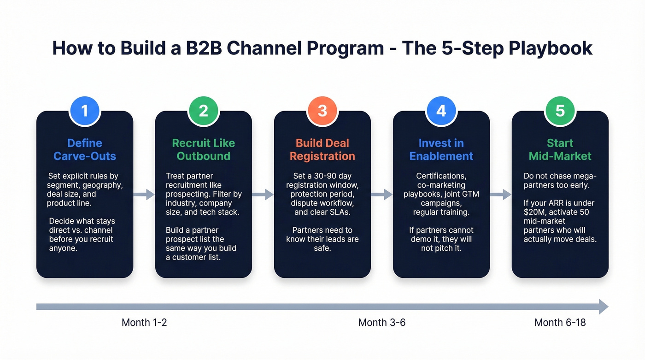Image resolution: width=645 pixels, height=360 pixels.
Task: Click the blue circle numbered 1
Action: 84,111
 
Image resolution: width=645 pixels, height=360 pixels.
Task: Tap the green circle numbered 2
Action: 203,111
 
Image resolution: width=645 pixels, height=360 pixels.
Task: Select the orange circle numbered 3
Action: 322,111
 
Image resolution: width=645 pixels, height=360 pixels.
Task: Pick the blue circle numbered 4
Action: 441,111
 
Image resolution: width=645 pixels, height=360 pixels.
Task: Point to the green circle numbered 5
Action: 560,111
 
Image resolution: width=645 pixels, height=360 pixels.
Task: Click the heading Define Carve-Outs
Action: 84,150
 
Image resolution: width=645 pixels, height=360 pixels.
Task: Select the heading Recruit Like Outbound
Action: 203,150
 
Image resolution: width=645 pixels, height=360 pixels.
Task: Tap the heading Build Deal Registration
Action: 322,150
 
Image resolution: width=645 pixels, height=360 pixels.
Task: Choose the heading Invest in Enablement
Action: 441,150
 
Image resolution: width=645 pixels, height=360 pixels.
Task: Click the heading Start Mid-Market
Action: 560,150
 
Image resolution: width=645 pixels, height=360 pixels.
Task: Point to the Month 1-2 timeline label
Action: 144,323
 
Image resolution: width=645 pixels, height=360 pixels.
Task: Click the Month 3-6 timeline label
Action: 382,323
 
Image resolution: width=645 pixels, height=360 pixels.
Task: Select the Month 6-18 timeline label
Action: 560,323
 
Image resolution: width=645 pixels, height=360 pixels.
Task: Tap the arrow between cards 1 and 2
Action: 144,195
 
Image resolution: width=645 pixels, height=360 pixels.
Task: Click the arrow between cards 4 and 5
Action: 501,195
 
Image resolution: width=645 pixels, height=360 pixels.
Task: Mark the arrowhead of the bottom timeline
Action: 604,307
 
